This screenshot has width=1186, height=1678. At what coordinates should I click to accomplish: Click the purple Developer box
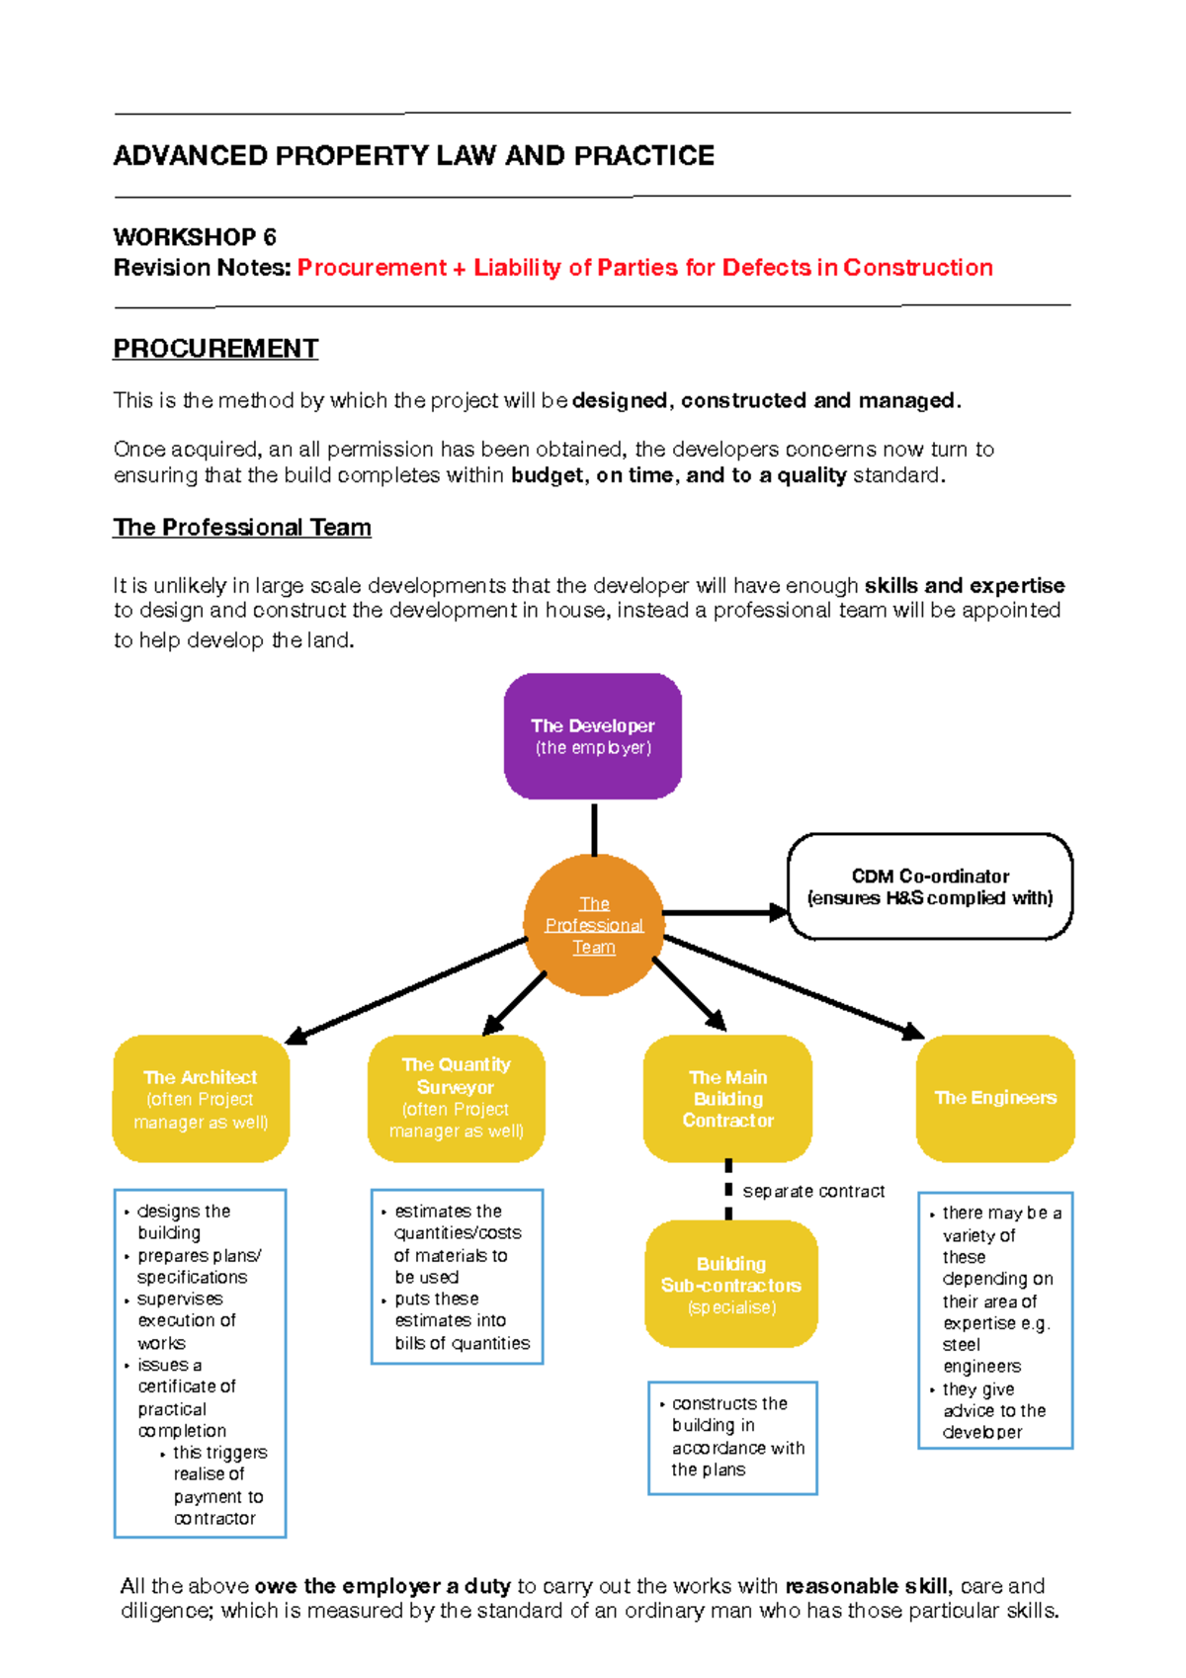point(593,736)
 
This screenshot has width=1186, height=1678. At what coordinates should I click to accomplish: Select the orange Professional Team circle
point(593,925)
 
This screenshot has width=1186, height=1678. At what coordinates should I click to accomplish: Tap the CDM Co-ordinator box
point(930,886)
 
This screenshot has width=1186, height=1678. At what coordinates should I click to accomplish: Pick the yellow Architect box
point(201,1099)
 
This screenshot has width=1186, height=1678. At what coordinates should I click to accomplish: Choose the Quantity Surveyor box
point(456,1098)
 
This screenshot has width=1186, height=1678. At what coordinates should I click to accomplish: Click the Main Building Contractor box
point(727,1098)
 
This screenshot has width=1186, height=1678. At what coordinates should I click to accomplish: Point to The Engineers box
point(995,1098)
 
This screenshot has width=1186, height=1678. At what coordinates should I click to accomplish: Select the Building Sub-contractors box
point(730,1284)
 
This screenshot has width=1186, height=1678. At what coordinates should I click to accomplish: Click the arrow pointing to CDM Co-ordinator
point(726,912)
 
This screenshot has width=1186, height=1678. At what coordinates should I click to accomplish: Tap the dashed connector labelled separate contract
point(728,1191)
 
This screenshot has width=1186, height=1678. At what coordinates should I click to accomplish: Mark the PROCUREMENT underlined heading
point(215,349)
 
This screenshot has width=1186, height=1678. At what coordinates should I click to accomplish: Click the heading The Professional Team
point(242,528)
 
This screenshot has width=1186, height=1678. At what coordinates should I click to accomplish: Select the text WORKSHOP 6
point(195,237)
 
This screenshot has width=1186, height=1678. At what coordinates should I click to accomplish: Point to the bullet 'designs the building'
point(183,1221)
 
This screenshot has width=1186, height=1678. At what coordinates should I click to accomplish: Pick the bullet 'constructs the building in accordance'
point(736,1436)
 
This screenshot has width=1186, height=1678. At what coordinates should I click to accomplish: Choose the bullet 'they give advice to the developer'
point(992,1410)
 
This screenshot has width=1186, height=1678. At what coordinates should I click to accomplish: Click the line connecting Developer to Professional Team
point(594,828)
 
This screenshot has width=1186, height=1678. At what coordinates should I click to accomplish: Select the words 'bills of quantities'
point(462,1343)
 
